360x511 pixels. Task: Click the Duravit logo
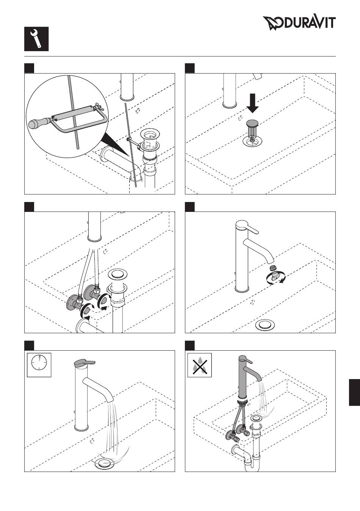point(299,23)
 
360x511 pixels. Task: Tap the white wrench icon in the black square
point(36,39)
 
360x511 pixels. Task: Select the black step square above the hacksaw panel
point(29,68)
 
